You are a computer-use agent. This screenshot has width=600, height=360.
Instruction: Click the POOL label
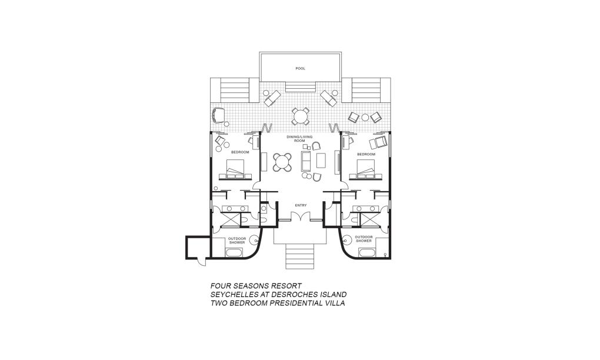[x=301, y=68]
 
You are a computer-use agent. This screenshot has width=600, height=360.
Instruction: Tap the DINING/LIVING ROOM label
[x=299, y=138]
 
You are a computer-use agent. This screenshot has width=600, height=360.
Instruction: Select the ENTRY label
[x=301, y=205]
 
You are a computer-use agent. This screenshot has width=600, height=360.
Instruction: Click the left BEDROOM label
[x=240, y=152]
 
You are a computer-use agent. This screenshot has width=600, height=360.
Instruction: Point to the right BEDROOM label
[x=366, y=154]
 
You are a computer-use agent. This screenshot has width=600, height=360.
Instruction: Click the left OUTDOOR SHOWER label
[x=237, y=241]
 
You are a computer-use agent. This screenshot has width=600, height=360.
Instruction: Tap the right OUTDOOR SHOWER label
[x=364, y=239]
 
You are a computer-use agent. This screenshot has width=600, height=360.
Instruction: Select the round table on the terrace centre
[x=301, y=116]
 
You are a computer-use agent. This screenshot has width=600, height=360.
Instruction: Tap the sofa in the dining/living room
[x=306, y=161]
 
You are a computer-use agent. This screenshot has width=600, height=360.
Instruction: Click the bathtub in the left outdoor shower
[x=234, y=252]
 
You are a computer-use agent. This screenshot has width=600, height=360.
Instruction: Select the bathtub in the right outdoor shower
[x=367, y=252]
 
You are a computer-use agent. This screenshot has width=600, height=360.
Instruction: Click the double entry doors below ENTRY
[x=301, y=217]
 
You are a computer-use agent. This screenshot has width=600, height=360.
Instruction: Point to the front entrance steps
[x=301, y=256]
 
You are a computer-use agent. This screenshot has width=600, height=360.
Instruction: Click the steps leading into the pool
[x=301, y=87]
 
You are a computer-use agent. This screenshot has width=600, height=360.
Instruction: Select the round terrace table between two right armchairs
[x=365, y=118]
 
